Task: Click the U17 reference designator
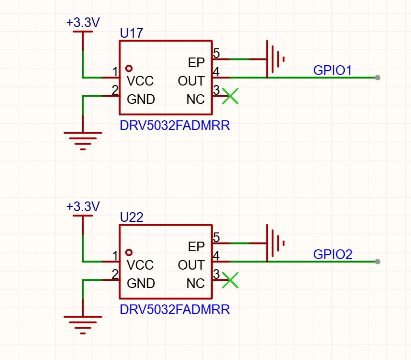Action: point(132,33)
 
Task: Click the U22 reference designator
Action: point(132,217)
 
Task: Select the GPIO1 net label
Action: point(332,70)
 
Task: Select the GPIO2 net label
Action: point(333,254)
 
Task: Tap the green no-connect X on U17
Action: point(230,96)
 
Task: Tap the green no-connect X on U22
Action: point(230,280)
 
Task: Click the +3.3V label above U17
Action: point(83,23)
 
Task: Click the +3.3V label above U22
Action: point(83,207)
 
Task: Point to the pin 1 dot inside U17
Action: point(129,69)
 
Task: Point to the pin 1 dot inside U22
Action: point(129,253)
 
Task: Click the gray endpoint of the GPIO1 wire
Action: point(378,77)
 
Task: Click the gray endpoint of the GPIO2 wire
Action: point(378,262)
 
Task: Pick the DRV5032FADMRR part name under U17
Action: point(175,126)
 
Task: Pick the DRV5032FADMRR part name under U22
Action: point(175,310)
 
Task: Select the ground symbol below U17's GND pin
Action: point(83,141)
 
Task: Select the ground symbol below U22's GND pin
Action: point(83,325)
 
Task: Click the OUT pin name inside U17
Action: point(191,81)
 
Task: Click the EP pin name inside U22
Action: point(196,247)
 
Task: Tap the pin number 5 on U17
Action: point(216,54)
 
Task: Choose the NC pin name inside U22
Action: point(195,284)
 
